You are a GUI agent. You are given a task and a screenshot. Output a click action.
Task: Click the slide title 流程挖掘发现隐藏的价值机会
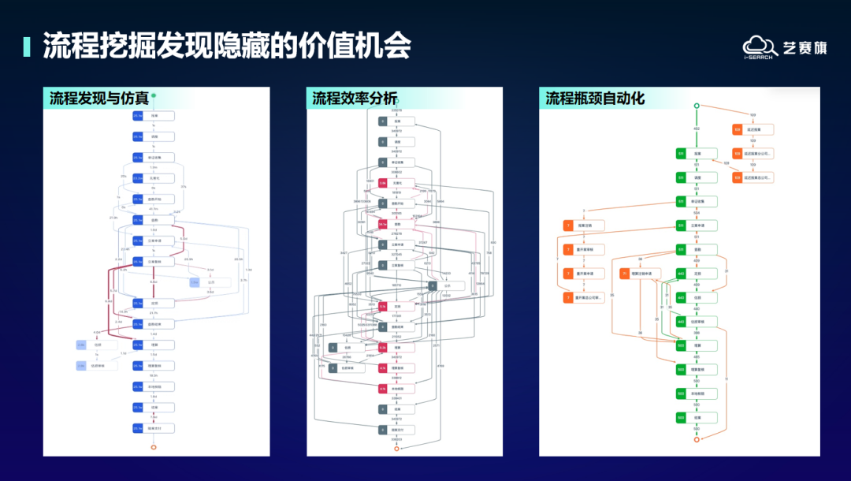(x=227, y=46)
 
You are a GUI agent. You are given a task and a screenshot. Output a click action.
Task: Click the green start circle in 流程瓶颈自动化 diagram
(x=697, y=106)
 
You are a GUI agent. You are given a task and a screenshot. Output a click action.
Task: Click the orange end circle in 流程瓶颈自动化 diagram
(x=697, y=439)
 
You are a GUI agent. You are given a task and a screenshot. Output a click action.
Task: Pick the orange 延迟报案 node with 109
(x=753, y=129)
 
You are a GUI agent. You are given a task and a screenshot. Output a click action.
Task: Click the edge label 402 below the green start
(x=697, y=128)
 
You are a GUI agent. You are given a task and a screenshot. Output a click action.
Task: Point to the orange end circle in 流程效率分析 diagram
(x=396, y=449)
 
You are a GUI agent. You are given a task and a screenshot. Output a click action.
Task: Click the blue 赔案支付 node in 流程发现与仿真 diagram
(x=153, y=428)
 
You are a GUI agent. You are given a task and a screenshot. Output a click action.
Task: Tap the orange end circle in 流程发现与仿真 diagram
(x=154, y=447)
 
